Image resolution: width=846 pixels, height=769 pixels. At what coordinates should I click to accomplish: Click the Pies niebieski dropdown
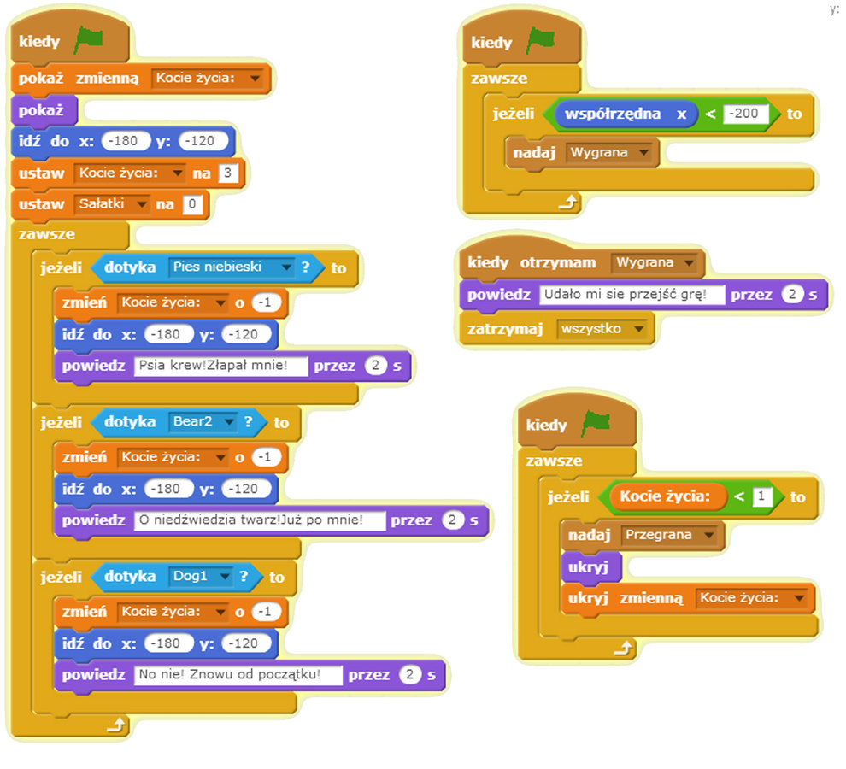[232, 267]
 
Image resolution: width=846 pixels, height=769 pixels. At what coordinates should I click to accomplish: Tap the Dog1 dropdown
[200, 577]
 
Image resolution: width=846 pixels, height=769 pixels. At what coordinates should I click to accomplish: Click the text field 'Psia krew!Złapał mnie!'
[221, 367]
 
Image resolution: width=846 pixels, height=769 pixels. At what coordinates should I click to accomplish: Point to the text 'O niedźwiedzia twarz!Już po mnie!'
[259, 520]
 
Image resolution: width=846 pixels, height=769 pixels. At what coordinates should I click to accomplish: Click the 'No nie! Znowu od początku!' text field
[238, 675]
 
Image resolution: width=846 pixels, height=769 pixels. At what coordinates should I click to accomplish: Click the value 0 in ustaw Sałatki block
[192, 205]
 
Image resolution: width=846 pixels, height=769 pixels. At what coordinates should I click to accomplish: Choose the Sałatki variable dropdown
[112, 205]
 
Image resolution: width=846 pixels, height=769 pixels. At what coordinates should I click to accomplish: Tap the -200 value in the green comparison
[745, 114]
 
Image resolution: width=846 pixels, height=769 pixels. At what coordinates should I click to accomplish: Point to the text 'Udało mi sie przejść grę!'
[632, 295]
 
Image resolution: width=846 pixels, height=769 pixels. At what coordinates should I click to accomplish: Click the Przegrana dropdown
[669, 535]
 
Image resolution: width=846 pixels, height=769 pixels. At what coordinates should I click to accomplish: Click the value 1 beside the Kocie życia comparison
[762, 496]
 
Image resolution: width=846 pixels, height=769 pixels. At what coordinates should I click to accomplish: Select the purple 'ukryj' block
[589, 566]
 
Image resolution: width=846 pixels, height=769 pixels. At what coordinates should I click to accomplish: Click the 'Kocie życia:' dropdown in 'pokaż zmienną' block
[209, 79]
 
